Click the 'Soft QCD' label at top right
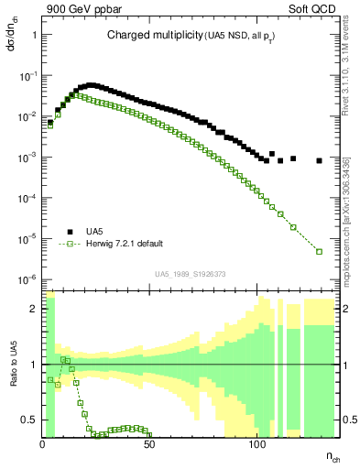[311, 9]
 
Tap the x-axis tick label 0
[43, 444]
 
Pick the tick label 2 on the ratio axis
[35, 309]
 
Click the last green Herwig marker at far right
[319, 251]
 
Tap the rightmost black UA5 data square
[319, 160]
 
